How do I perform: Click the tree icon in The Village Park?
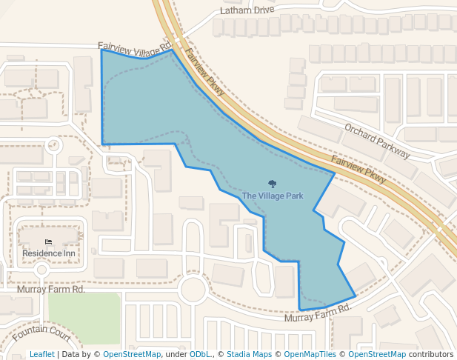272,184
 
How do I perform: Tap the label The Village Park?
273,196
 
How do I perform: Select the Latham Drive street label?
247,11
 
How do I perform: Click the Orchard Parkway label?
376,140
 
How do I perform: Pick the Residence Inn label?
49,253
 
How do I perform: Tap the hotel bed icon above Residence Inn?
49,242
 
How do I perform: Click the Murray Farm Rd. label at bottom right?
317,313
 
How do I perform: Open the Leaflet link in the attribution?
42,354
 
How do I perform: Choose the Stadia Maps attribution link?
249,354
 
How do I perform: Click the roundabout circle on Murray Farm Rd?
194,289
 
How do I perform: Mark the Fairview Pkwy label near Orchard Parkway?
359,170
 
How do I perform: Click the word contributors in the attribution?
430,354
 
